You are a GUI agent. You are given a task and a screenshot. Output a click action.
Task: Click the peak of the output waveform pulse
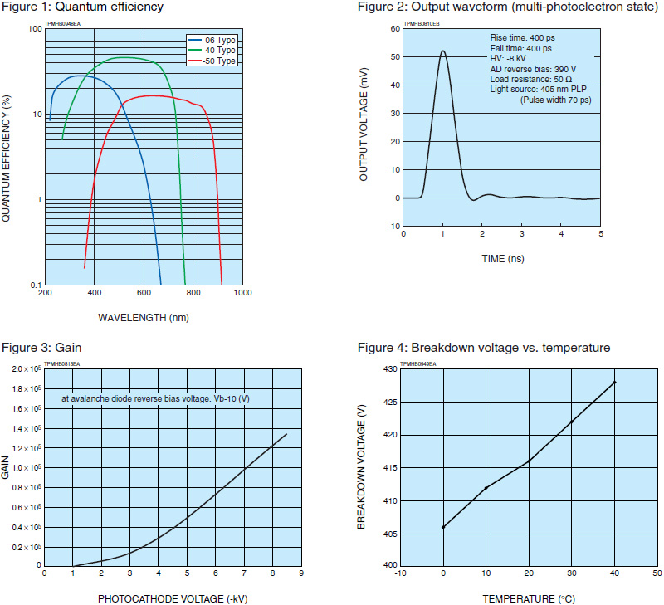click(442, 51)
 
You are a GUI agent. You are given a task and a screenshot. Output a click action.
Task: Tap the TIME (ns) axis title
click(501, 259)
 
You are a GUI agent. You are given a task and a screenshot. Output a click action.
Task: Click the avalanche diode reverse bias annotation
click(155, 399)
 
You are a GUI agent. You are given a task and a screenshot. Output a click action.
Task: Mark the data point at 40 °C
click(614, 382)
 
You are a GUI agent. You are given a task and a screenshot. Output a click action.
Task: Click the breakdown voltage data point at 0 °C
click(443, 527)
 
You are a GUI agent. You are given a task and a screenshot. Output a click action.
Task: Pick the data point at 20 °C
click(529, 461)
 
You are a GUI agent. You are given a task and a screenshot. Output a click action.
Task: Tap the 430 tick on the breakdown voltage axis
click(388, 369)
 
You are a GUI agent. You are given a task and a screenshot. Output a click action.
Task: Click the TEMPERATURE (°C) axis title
click(530, 598)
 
